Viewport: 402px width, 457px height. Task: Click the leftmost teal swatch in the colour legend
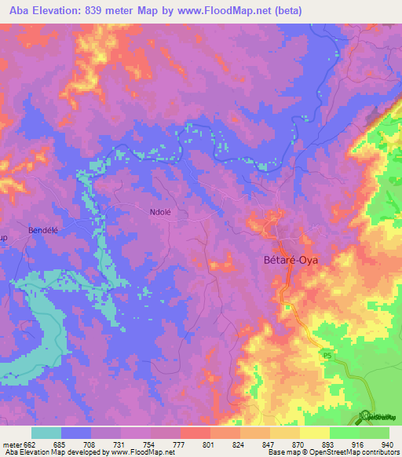pyautogui.click(x=46, y=433)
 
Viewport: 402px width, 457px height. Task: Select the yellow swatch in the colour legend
pyautogui.click(x=315, y=433)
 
